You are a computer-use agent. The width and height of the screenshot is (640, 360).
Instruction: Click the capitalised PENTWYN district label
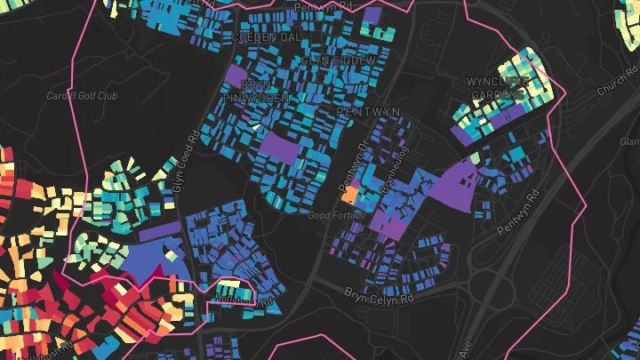pos(369,111)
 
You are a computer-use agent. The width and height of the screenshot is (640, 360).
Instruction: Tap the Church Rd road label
pos(617,84)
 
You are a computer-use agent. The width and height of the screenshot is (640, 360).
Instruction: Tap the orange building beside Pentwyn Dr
pos(350,194)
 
